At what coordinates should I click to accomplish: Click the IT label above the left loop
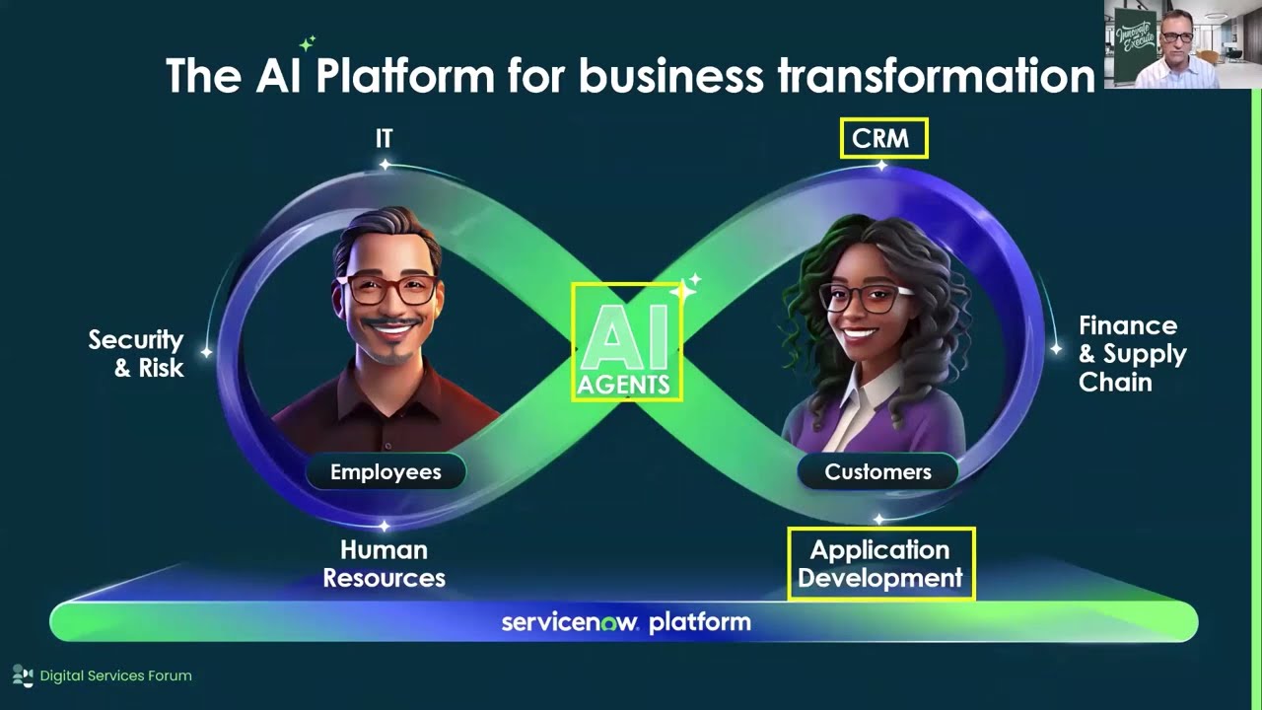point(384,139)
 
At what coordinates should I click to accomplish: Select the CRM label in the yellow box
point(883,139)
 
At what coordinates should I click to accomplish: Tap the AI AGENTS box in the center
point(626,341)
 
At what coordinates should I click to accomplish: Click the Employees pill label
point(386,472)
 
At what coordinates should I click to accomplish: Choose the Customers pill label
point(877,472)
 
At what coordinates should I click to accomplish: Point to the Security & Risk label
point(136,353)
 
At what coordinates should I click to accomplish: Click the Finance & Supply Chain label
point(1131,353)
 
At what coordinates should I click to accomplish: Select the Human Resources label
point(385,563)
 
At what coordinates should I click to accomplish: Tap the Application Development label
point(880,563)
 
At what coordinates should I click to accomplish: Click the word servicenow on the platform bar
point(569,622)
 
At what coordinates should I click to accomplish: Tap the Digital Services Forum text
point(115,675)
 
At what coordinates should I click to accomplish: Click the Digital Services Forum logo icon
point(22,675)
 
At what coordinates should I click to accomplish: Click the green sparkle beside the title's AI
point(308,42)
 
